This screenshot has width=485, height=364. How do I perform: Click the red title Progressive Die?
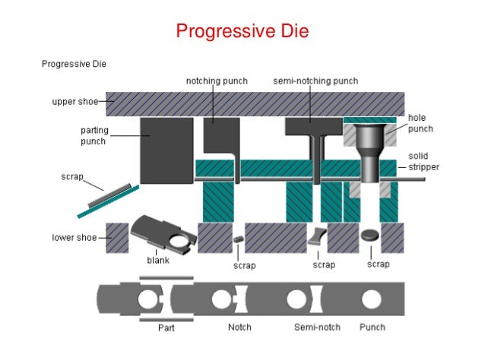pos(242,31)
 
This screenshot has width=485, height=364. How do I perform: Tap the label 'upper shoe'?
pos(74,101)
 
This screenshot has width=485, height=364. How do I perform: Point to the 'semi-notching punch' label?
pos(315,81)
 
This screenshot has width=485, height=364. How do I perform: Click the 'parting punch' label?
pos(95,136)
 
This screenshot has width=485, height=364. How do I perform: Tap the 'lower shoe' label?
pos(74,238)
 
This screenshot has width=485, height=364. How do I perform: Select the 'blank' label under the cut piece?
pos(157,260)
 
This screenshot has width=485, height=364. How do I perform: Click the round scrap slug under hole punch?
pos(372,236)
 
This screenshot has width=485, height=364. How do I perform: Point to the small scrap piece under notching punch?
pos(238,239)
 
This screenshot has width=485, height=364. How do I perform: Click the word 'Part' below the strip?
pos(166,328)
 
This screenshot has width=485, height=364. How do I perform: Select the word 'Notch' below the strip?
pos(239,328)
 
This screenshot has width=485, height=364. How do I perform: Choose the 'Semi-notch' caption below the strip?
pos(317,328)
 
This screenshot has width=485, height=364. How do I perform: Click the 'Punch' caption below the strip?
pos(372,328)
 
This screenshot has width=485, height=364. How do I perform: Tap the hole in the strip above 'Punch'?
pos(372,299)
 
